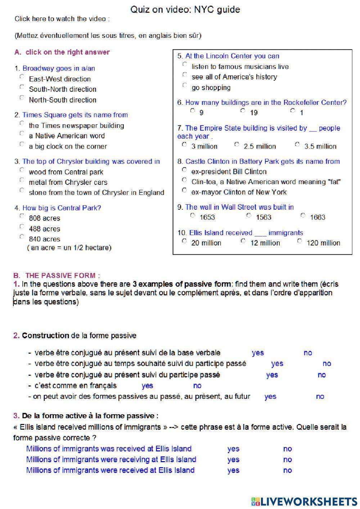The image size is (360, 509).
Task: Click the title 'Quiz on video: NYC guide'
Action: click(x=185, y=9)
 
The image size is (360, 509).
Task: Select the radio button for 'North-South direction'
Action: click(x=22, y=98)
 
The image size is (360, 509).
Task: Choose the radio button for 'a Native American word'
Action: click(x=22, y=134)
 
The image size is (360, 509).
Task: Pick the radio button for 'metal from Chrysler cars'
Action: click(x=22, y=180)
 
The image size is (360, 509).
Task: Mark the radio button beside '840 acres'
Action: click(x=22, y=237)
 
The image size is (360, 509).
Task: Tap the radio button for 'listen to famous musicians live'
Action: click(x=185, y=64)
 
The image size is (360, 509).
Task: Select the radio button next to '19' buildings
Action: click(x=243, y=111)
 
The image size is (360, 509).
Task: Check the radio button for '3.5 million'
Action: click(x=297, y=144)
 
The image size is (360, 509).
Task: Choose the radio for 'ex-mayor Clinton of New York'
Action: click(x=184, y=190)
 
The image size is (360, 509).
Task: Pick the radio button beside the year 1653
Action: click(x=193, y=215)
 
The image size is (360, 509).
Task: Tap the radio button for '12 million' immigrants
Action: click(x=243, y=241)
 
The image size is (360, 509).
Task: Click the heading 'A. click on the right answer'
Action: click(x=62, y=52)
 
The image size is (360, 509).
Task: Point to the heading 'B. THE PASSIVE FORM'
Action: click(x=57, y=276)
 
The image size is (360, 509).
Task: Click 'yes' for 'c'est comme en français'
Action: click(x=147, y=386)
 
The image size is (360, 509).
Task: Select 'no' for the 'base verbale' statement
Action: click(x=308, y=353)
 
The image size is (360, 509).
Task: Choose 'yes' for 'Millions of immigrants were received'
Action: click(x=233, y=470)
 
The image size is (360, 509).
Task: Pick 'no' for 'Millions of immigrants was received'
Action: click(x=287, y=449)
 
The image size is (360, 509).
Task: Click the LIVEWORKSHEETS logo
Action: click(x=304, y=501)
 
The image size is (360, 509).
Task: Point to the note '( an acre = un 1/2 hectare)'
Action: click(x=69, y=248)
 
